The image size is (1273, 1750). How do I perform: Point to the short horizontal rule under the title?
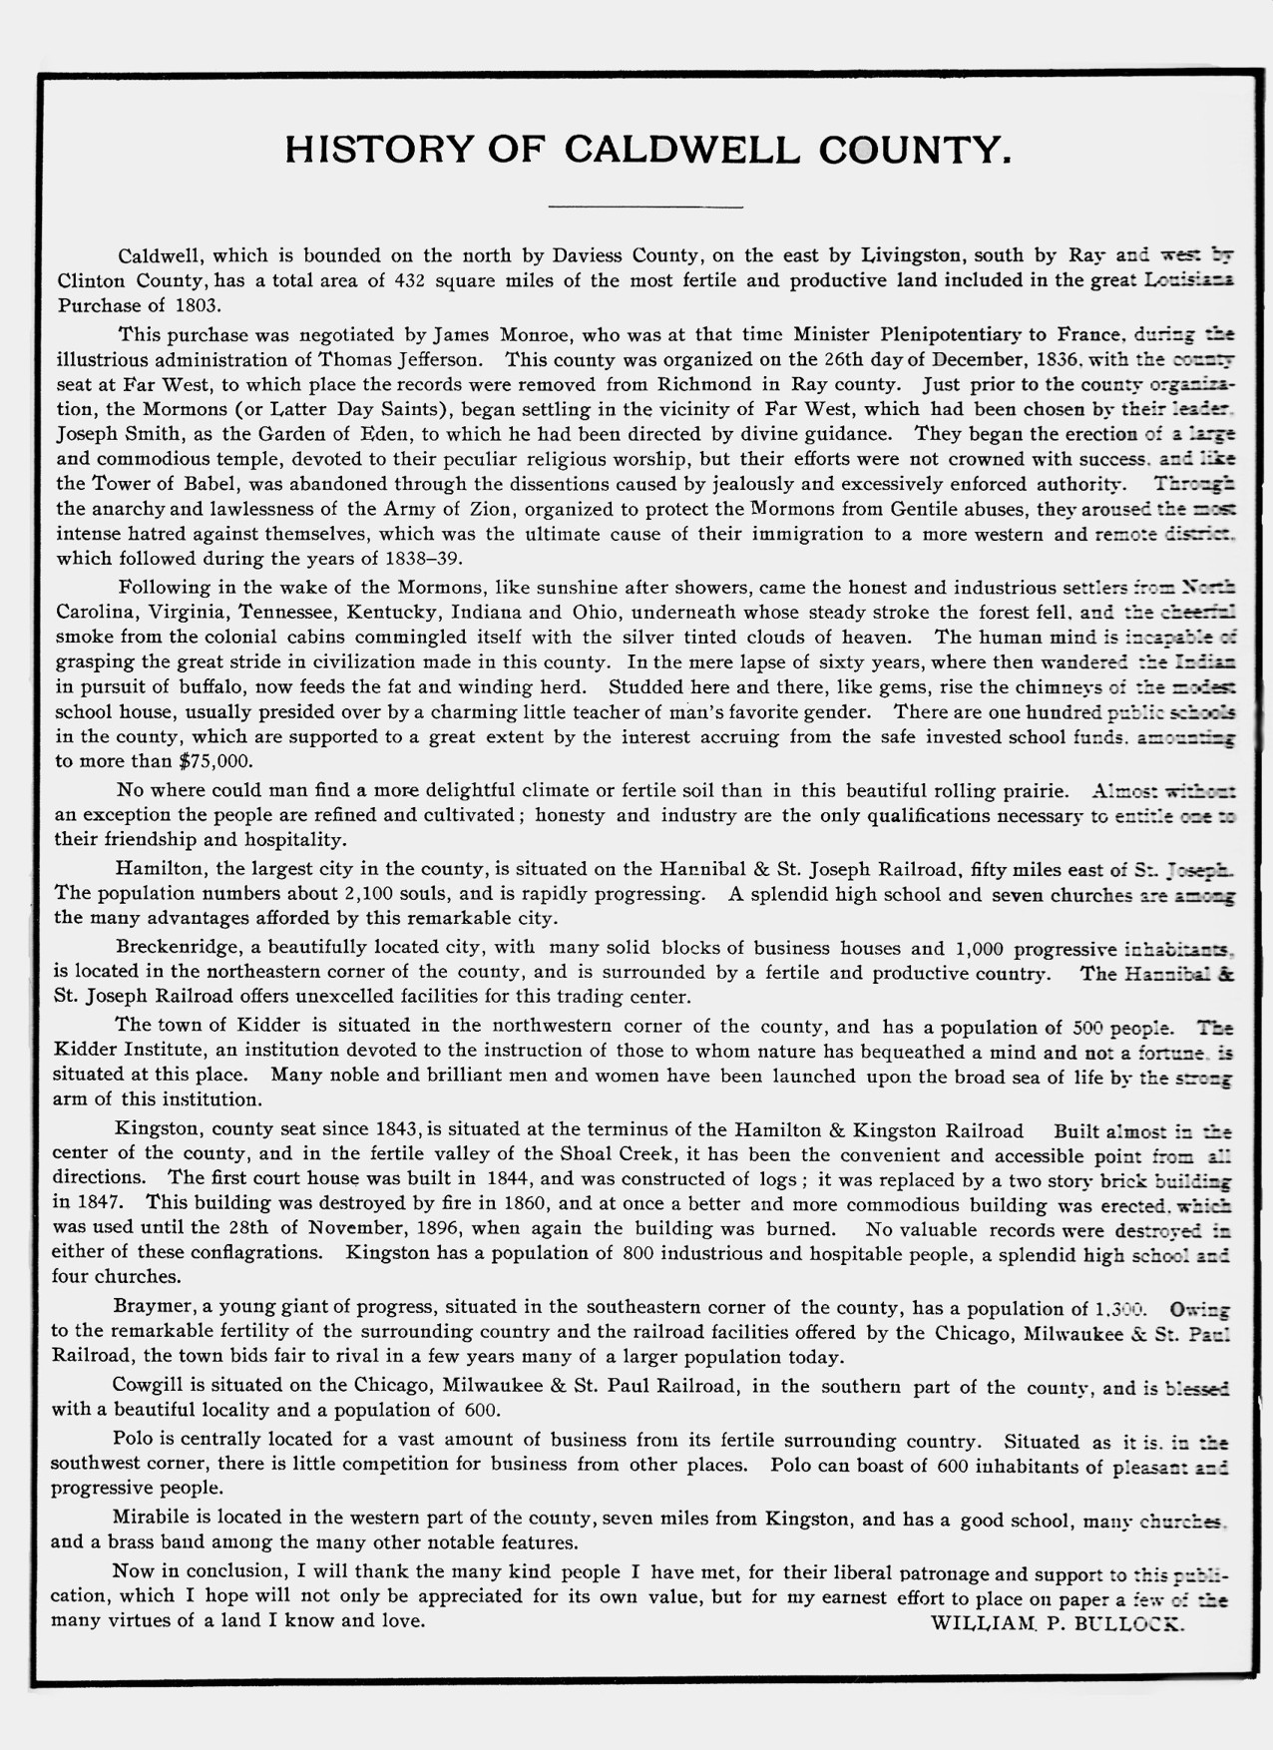point(645,207)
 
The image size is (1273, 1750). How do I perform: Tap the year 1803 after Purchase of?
point(195,305)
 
